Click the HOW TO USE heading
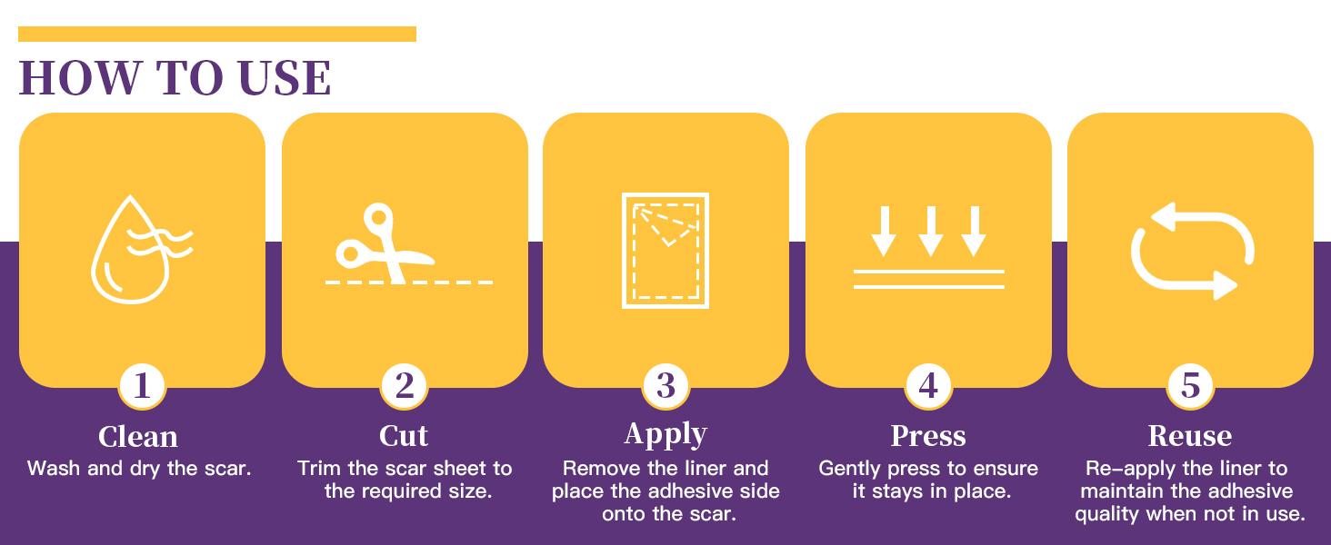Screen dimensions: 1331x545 pyautogui.click(x=175, y=78)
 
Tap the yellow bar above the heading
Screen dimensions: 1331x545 pyautogui.click(x=217, y=34)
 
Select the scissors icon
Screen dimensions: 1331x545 pyautogui.click(x=385, y=243)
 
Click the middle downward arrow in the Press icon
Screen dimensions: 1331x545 pyautogui.click(x=930, y=231)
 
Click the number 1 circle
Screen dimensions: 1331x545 pyautogui.click(x=142, y=386)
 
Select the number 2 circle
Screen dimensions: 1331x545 pyautogui.click(x=404, y=386)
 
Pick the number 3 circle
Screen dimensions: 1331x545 pyautogui.click(x=666, y=386)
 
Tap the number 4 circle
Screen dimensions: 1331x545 pyautogui.click(x=929, y=386)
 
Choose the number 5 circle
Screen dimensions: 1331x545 pyautogui.click(x=1190, y=386)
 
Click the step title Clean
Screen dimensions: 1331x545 pyautogui.click(x=138, y=437)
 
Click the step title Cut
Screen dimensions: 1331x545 pyautogui.click(x=404, y=436)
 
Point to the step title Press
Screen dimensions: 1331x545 pyautogui.click(x=928, y=436)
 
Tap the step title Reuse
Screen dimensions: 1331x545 pyautogui.click(x=1189, y=436)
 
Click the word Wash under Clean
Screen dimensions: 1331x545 pyautogui.click(x=54, y=469)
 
